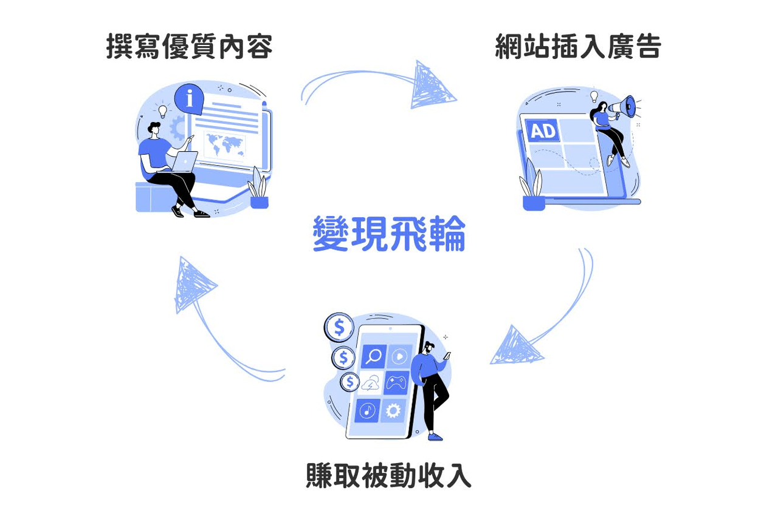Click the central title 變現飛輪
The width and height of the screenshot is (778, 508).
coord(389,234)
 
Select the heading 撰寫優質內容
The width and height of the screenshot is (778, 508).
coord(189,46)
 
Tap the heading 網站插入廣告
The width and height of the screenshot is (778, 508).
coord(578,46)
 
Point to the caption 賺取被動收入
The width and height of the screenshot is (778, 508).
coord(389,475)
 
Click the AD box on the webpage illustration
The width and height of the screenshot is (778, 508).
coord(543,130)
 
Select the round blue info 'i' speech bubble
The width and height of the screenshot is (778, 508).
coord(190,97)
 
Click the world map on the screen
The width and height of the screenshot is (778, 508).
coord(224,144)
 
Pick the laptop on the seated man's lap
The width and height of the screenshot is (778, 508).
coord(184,163)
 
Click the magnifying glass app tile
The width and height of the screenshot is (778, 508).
coord(373,356)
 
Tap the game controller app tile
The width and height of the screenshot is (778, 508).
coord(396,383)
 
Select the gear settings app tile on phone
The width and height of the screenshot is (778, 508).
coord(393,411)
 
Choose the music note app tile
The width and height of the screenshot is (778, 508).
coord(368,411)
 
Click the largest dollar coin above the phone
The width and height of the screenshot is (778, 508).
coord(339,328)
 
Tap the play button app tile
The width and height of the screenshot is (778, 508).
coord(399,356)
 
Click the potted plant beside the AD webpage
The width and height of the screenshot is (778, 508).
coord(532,188)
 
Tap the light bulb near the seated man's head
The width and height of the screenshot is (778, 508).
coord(162,110)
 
